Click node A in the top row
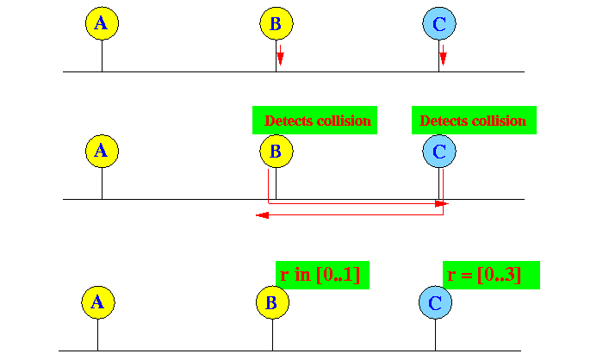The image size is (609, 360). tap(102, 23)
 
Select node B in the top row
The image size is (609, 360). tap(277, 23)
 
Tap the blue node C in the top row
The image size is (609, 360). tap(439, 23)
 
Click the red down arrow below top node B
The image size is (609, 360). tap(281, 55)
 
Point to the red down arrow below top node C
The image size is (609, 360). tap(443, 55)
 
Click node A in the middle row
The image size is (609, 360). tap(102, 151)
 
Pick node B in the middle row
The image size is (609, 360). tap(277, 151)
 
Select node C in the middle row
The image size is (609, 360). tap(439, 151)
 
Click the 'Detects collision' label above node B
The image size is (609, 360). tap(314, 120)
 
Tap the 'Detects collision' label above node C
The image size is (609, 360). tap(474, 120)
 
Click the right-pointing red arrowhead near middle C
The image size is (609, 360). tap(441, 203)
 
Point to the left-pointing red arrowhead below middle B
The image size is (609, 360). tap(263, 215)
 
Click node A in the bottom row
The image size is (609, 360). tap(98, 302)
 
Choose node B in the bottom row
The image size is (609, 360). tap(272, 302)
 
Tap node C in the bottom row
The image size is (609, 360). tap(435, 302)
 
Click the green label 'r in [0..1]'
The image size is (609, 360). tap(322, 275)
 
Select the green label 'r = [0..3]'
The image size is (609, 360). tap(491, 275)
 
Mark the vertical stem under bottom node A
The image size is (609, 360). tap(97, 335)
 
